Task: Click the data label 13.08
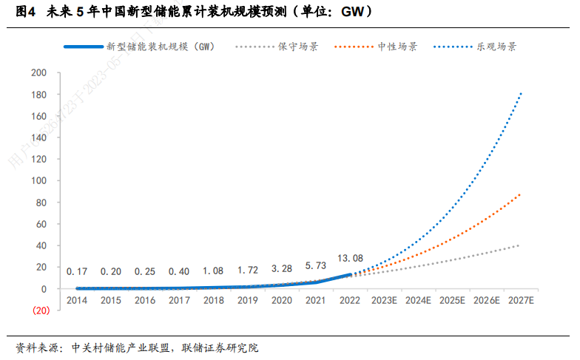(x=350, y=258)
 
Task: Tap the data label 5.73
(x=315, y=265)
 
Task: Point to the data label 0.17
(x=76, y=271)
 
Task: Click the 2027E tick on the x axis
(x=520, y=301)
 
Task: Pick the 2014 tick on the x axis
(x=76, y=301)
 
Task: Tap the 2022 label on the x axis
(x=350, y=301)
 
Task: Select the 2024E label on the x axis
(x=418, y=301)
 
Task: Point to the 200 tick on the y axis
(x=39, y=73)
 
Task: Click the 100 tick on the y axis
(x=39, y=181)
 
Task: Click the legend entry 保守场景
(x=298, y=47)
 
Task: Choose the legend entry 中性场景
(x=397, y=47)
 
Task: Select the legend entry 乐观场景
(x=496, y=47)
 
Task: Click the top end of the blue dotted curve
(x=521, y=93)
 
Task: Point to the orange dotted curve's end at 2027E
(x=521, y=194)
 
